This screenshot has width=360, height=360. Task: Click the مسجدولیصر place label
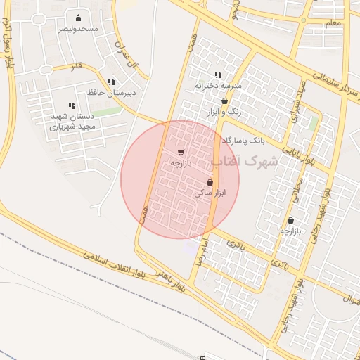[77, 29]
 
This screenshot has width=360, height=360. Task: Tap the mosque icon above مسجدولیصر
[77, 18]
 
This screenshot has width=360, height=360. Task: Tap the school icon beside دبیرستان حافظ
[111, 82]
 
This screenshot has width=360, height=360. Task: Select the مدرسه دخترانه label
[219, 85]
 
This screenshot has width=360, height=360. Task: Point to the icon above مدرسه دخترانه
[218, 75]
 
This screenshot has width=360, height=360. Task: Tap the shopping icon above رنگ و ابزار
[224, 101]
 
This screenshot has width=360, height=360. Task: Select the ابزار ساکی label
[210, 192]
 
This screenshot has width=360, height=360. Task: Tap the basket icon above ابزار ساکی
[210, 182]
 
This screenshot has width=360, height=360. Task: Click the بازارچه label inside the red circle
[181, 162]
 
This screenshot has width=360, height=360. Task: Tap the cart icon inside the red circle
[181, 152]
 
